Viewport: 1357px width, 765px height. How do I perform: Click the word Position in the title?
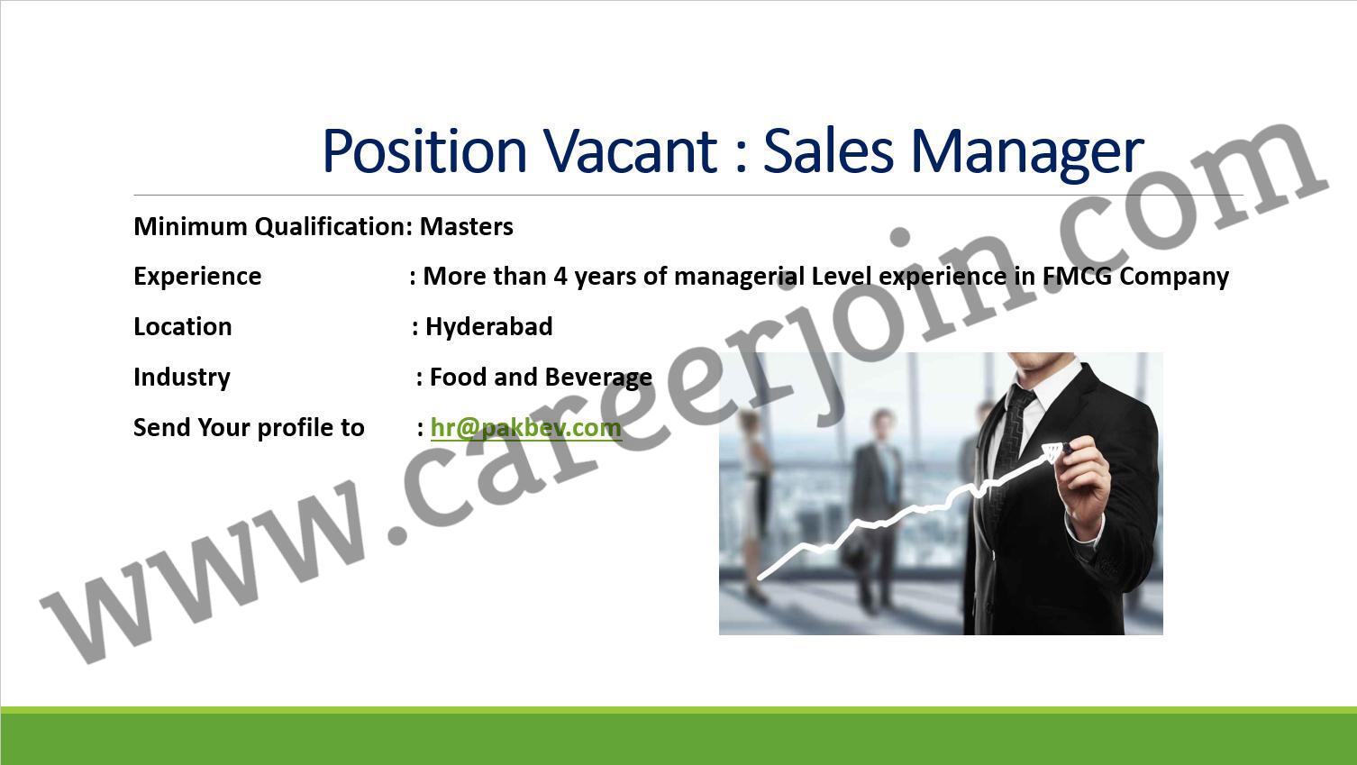point(424,151)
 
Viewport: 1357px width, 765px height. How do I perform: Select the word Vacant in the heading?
point(630,151)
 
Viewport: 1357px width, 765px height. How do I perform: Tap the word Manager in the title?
point(1027,154)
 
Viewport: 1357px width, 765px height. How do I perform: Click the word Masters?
point(467,226)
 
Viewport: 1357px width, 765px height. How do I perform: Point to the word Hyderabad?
point(489,326)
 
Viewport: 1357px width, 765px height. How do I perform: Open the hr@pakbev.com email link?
point(526,428)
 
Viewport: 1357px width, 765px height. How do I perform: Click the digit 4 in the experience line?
point(560,277)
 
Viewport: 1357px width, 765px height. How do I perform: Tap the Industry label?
point(182,378)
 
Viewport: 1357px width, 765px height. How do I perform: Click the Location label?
point(182,326)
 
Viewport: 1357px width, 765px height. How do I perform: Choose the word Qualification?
point(333,226)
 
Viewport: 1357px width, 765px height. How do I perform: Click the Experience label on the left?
point(197,277)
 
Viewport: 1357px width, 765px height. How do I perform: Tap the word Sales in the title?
point(828,151)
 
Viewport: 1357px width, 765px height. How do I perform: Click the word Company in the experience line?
point(1174,277)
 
